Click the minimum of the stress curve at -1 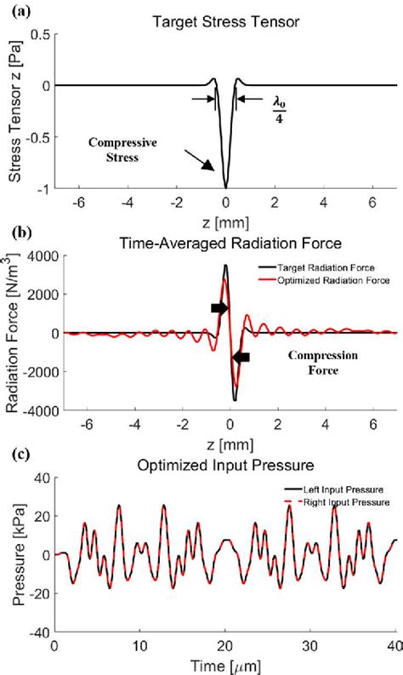pyautogui.click(x=225, y=186)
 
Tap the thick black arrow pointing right pyautogui.click(x=219, y=308)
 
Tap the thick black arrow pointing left pyautogui.click(x=241, y=358)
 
